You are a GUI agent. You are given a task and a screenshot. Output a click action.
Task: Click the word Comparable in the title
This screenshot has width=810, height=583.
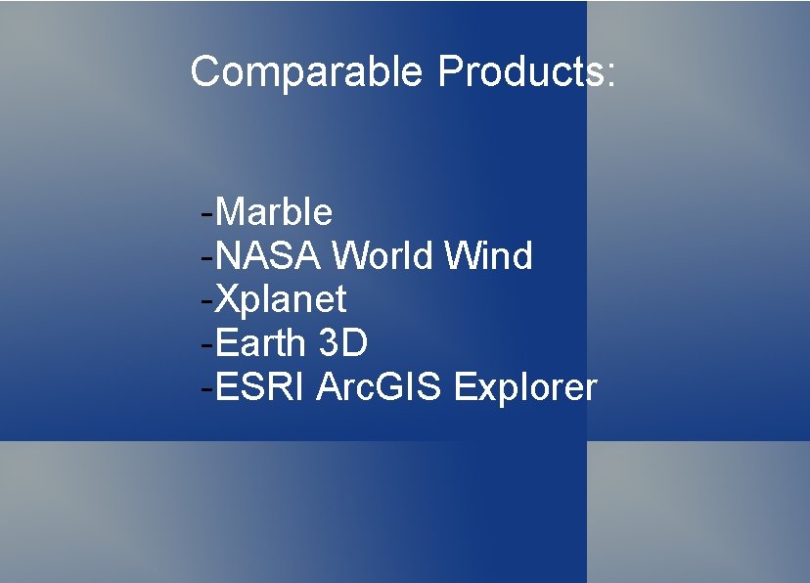pos(306,72)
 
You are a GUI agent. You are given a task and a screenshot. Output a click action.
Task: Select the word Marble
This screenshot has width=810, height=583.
pos(274,211)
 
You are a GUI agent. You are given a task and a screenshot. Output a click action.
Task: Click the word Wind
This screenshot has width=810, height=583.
pos(488,256)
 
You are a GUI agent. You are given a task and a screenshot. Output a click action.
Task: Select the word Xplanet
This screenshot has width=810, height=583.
pos(281,299)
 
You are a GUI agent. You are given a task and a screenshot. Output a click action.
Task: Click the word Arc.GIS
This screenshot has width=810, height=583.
pos(381,388)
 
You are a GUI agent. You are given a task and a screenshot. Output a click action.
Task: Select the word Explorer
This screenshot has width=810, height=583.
pos(525,388)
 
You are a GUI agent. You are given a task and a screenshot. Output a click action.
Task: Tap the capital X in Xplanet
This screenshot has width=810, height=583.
pos(226,299)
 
